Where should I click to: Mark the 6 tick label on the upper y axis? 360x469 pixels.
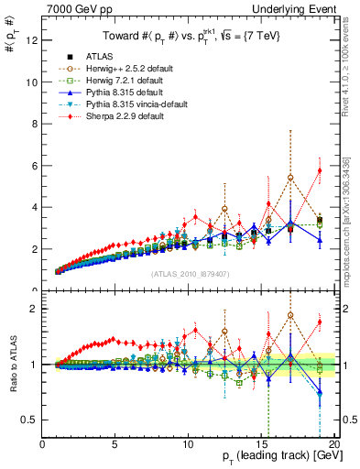(x=36, y=166)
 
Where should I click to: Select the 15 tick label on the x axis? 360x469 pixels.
(x=263, y=445)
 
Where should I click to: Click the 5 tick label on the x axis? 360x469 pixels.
(x=115, y=445)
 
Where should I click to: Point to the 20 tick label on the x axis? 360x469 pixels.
(x=335, y=445)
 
